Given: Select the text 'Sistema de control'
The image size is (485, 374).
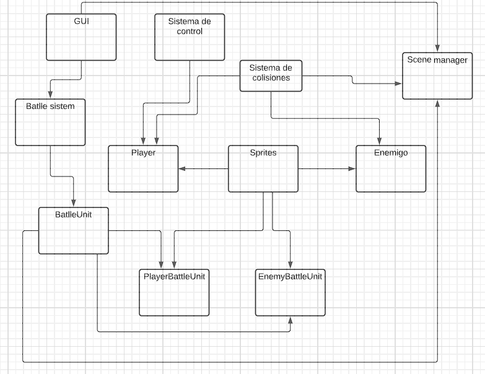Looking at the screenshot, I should coord(189,26).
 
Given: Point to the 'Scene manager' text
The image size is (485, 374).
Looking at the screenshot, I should coord(437,60).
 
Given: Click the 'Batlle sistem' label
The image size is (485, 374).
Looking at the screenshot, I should coord(50,106).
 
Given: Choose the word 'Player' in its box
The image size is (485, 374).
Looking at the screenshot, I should coord(143,153).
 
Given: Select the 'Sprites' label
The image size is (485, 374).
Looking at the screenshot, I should coord(263,153).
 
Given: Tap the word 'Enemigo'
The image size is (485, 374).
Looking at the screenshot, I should coord(391,153).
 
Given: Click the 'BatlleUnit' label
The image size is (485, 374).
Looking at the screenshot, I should coord(74,214).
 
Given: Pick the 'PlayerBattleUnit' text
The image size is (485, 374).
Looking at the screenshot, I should coord(173,276).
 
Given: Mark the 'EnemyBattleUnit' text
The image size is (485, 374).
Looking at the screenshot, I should coord(290,276).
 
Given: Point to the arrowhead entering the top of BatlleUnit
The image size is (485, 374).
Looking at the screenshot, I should coord(74,204).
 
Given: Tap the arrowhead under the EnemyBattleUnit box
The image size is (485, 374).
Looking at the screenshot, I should coord(290,320).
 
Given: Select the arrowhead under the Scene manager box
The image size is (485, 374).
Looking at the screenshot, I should coord(437,103).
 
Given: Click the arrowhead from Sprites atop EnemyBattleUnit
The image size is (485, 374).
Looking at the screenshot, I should coord(290,265).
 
